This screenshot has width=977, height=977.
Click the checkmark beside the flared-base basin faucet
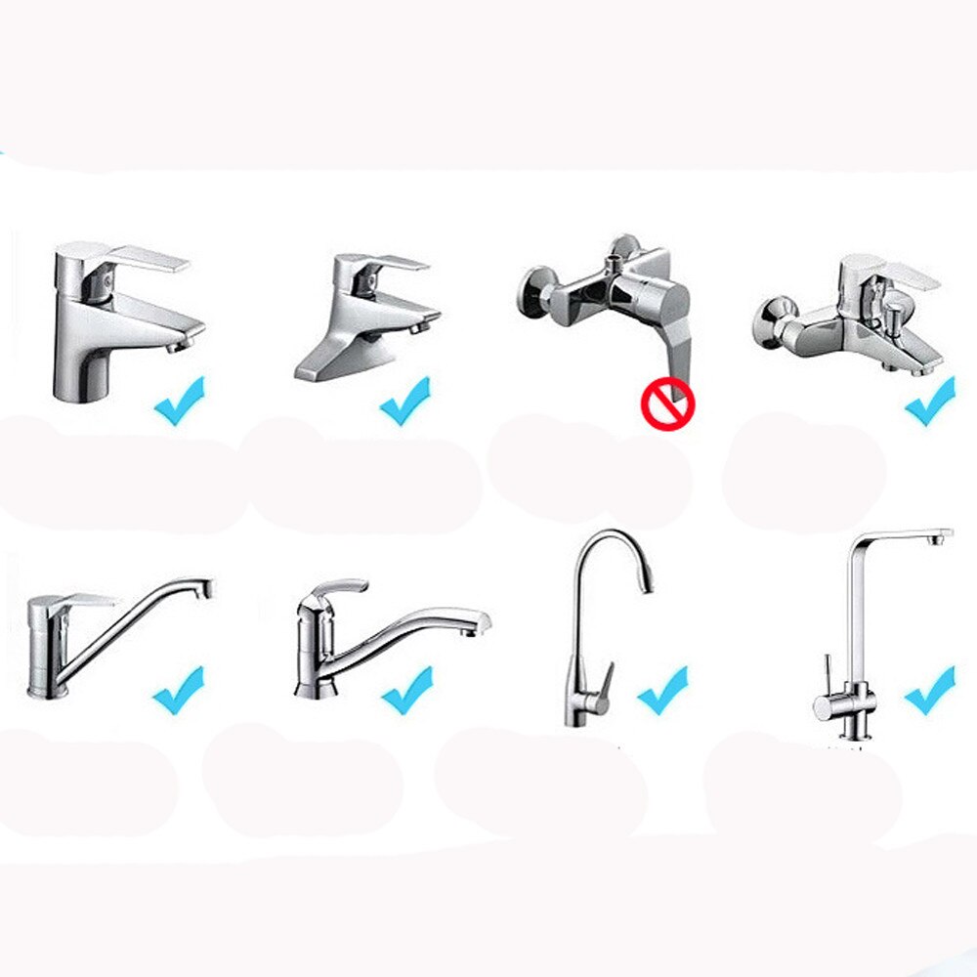coord(404,400)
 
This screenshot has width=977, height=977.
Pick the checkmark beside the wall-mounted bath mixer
coord(930,401)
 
